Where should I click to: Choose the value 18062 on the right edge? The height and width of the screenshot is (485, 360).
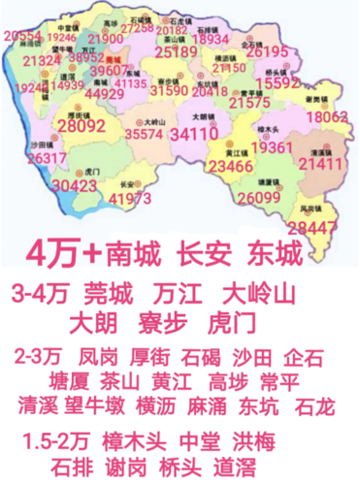tap(327, 116)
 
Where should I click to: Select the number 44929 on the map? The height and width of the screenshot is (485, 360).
tap(103, 93)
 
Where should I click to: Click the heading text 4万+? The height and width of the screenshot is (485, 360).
tap(69, 254)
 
